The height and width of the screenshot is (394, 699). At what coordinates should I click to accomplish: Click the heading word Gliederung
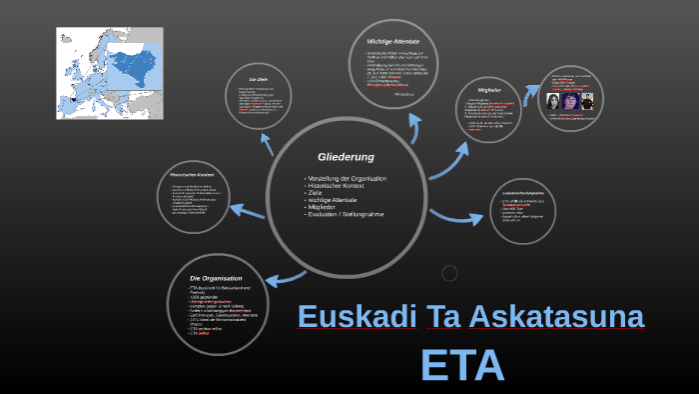346,157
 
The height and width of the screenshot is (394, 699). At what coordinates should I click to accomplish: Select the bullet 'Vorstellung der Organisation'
347,178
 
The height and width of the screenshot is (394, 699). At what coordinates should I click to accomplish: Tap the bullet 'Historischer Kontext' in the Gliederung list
336,187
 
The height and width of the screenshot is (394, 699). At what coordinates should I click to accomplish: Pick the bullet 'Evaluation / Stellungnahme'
345,215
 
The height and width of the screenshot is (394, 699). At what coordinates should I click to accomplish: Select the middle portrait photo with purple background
571,101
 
